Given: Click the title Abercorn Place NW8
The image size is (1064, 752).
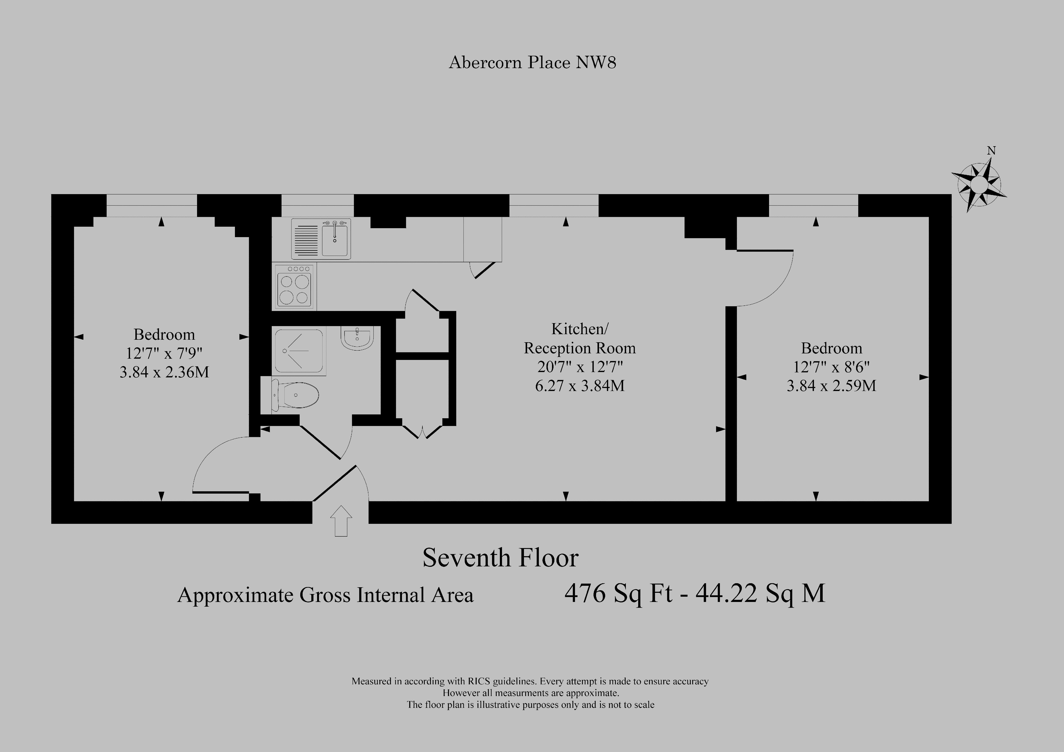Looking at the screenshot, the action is pos(532,63).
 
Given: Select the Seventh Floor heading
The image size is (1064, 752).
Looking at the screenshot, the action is pos(501,558).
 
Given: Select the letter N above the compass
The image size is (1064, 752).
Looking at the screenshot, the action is pos(991,151).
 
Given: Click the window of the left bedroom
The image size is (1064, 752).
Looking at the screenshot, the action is pos(152,205).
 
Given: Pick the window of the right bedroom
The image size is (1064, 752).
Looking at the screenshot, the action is pos(814,205).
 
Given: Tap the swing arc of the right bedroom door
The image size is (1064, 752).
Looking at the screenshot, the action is pos(776,292).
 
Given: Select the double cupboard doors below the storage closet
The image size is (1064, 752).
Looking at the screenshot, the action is pos(423,431).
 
